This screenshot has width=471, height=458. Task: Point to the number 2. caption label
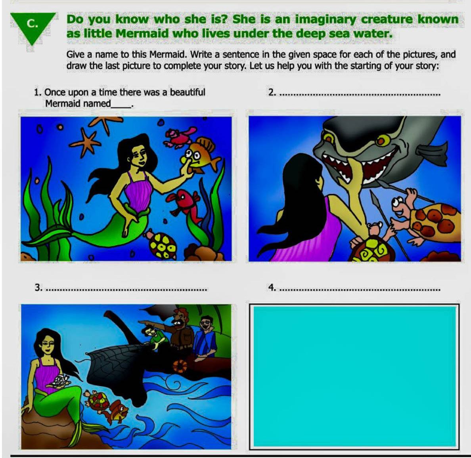272,92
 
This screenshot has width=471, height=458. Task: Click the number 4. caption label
272,287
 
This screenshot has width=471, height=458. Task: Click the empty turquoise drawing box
354,377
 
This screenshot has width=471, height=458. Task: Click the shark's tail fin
439,156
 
